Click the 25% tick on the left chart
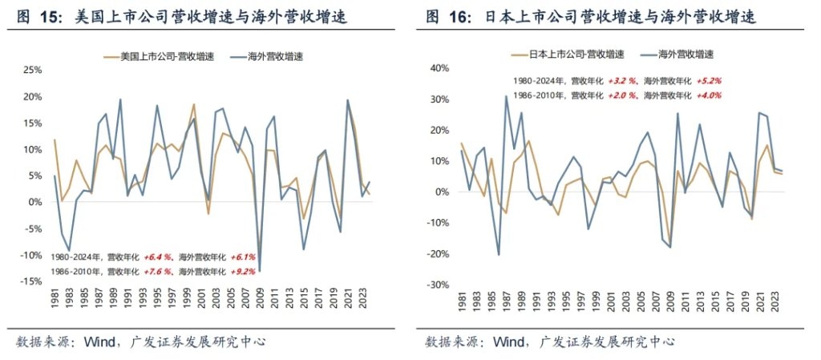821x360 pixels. tap(31, 70)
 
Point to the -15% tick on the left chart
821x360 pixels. tap(30, 281)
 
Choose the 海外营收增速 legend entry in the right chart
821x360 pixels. tap(686, 55)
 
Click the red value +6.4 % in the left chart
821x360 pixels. tap(156, 257)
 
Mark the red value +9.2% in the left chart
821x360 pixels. tap(243, 272)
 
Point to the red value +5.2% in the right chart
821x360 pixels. tap(710, 81)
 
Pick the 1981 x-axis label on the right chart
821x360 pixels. tap(462, 305)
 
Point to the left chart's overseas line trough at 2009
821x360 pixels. tap(260, 270)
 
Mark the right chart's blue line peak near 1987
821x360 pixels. tap(506, 96)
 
